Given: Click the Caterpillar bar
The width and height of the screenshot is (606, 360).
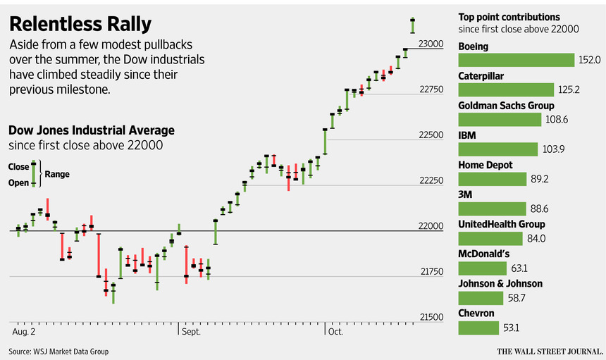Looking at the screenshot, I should pos(506,89).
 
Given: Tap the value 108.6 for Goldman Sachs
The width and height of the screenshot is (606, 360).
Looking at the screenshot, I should pos(556,120).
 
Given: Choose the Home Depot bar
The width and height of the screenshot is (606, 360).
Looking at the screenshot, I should pos(493,179).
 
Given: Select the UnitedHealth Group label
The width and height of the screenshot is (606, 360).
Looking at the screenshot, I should pos(501,224).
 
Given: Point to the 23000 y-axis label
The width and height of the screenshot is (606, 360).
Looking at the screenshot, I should pos(431,44).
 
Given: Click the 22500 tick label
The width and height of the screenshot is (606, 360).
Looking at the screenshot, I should pos(431,135).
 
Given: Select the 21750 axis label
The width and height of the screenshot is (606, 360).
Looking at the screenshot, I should pos(431,272).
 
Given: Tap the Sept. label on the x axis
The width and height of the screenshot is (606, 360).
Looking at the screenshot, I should pos(191,330).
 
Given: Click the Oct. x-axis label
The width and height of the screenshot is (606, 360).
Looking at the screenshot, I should pos(335,330).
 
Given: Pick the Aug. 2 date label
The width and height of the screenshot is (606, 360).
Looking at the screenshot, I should pos(24,330).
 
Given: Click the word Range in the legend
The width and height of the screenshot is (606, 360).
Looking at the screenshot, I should pos(57,174).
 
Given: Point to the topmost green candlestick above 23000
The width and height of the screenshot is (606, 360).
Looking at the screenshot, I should pos(412,25).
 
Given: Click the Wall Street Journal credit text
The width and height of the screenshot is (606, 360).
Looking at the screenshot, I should pos(550,351).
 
